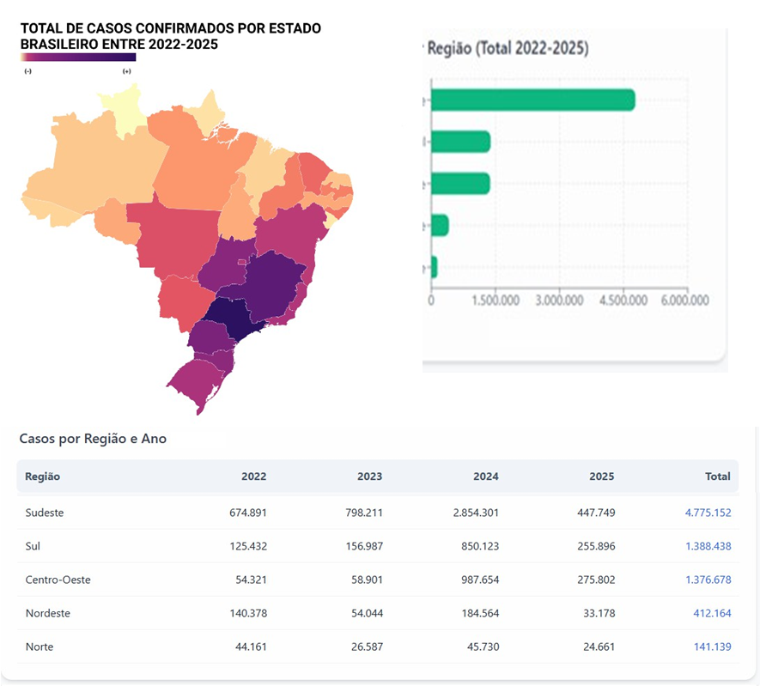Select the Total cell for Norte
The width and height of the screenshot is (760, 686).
click(x=712, y=647)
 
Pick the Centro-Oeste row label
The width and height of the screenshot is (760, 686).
click(x=58, y=580)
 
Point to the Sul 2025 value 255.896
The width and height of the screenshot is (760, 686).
click(x=593, y=546)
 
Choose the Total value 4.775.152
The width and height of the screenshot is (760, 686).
click(x=708, y=513)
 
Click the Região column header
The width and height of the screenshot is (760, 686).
click(x=42, y=477)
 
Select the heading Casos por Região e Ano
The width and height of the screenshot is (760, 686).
click(x=93, y=439)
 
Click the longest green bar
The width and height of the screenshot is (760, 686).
click(x=532, y=100)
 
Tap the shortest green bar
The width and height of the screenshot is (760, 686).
click(x=434, y=267)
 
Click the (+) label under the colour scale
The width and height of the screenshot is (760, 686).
click(x=127, y=71)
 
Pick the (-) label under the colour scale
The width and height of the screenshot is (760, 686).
click(x=28, y=71)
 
